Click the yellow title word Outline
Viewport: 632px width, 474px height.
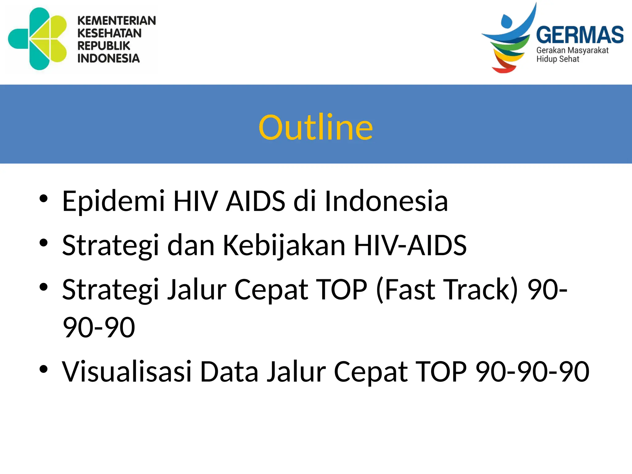point(316,127)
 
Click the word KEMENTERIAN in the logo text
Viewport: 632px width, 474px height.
point(117,21)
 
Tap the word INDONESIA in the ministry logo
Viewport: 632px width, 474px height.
point(108,58)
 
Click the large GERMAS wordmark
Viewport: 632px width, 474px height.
point(580,35)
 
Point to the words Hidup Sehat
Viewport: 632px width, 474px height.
point(557,59)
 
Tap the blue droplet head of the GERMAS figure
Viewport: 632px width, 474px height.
point(506,22)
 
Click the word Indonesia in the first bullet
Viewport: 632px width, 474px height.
point(386,201)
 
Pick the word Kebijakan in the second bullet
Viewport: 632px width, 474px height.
point(284,245)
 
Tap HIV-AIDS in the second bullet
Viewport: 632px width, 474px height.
point(410,245)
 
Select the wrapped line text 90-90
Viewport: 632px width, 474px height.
point(99,327)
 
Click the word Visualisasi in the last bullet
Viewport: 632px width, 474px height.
point(127,372)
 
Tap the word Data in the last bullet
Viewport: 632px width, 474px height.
point(229,372)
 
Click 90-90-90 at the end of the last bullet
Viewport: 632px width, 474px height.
point(532,372)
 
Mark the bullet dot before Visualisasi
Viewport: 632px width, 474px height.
point(44,369)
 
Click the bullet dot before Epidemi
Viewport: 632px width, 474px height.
point(44,198)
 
